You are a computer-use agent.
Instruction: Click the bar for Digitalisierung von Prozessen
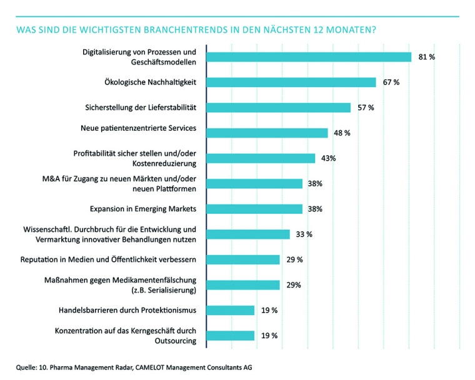point(309,57)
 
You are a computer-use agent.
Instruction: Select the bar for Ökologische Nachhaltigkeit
point(291,82)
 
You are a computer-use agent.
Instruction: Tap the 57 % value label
point(366,107)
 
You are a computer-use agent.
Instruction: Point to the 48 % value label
point(342,133)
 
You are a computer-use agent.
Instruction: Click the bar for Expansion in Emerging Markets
point(254,209)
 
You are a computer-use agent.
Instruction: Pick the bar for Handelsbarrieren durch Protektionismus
point(231,310)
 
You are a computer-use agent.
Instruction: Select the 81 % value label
point(426,57)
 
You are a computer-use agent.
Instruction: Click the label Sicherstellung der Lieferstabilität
point(141,107)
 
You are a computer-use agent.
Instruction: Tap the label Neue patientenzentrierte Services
point(139,128)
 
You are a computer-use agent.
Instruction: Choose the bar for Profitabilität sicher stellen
point(261,158)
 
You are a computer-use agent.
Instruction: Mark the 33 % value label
point(304,234)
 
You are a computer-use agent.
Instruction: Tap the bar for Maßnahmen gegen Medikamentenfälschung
point(243,285)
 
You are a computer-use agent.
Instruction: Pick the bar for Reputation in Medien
point(243,259)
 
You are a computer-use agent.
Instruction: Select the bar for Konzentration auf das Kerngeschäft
point(231,336)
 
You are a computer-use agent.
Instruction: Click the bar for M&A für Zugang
point(254,184)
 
